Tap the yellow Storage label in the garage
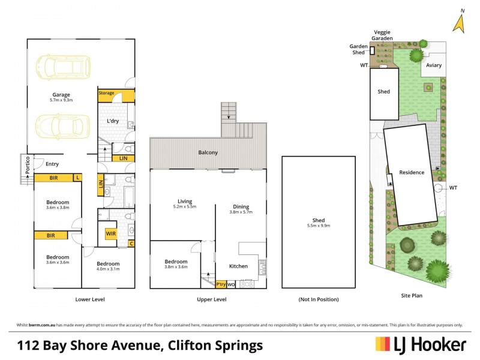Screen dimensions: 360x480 tap(107, 93)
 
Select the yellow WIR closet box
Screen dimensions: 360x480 tap(111, 233)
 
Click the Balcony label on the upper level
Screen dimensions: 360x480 tap(208, 152)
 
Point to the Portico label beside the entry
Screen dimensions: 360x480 tap(28, 166)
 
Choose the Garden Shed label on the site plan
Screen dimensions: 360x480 tap(360, 49)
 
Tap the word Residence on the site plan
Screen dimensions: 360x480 tap(412, 173)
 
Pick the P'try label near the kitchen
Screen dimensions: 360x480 tap(221, 284)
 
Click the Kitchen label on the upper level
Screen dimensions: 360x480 tap(239, 266)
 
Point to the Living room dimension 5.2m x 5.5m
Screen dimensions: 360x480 tap(184, 207)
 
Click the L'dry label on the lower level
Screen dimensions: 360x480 tap(113, 121)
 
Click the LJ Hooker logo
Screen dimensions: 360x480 tap(421, 344)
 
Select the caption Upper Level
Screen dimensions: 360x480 tap(211, 299)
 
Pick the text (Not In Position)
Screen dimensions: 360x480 tap(318, 299)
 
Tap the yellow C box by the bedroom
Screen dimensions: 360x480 tap(131, 244)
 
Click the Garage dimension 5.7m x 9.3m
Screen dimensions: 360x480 tap(61, 101)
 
